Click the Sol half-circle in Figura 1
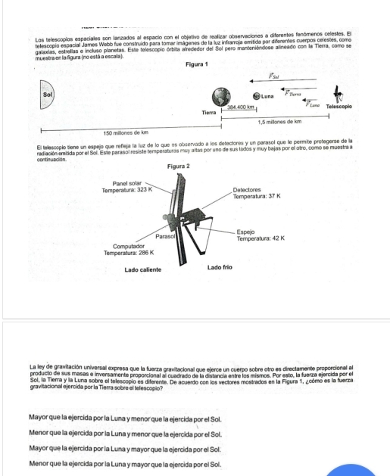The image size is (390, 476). pos(46,95)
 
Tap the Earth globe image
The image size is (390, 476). pos(221,97)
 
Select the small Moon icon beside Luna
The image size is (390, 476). pos(257,96)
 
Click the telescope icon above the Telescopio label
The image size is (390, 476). pos(338,95)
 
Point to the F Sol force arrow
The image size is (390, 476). pos(283,81)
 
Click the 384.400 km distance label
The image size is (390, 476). pos(241,107)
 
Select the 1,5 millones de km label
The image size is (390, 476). pos(279,122)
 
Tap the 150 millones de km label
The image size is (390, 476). pos(126,132)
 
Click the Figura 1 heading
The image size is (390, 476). pos(197,64)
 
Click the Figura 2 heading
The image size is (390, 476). pos(178,166)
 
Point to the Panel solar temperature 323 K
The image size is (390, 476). pos(127,190)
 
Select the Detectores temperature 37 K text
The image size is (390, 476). pos(257,197)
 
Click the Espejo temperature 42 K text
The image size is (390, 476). pos(261,238)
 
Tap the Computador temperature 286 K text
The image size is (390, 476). pos(129,253)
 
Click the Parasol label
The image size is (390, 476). pos(165,236)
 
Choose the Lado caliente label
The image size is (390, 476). pos(143,270)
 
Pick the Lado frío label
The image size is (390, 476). pos(220,267)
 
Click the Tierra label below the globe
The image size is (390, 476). pos(209,113)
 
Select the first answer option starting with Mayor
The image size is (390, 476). pos(125,419)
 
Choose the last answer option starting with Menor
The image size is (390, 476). pos(125,464)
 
